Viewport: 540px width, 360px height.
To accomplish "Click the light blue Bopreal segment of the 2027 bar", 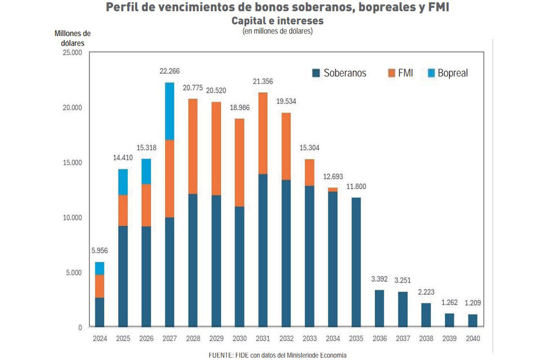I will (x=169, y=111).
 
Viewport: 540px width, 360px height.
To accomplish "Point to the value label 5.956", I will (x=100, y=250).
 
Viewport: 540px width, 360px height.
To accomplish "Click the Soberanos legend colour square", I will (x=316, y=73).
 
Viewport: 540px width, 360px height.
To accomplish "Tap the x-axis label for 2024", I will (x=100, y=338).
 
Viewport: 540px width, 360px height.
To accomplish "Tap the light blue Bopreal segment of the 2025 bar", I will (x=123, y=182).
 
